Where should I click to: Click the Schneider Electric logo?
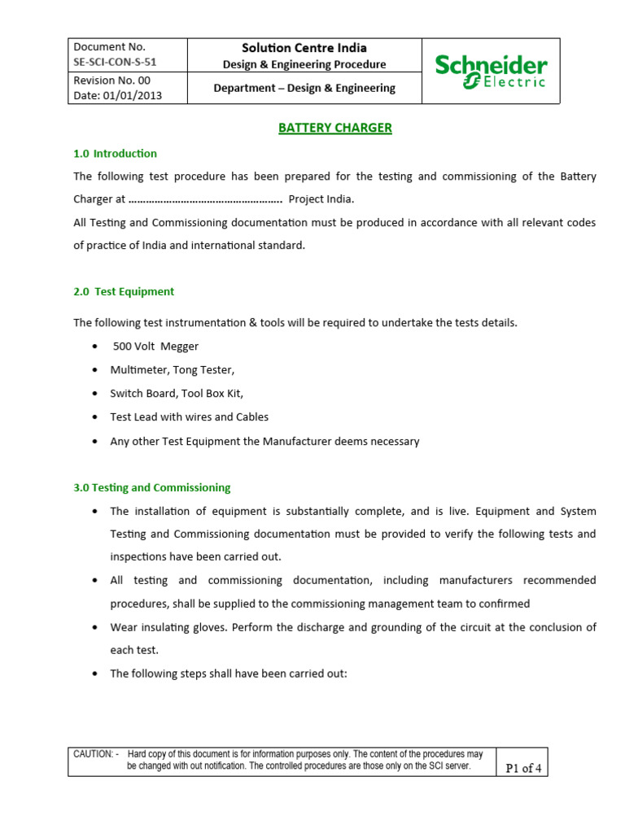[x=491, y=71]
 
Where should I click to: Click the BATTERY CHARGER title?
[x=335, y=128]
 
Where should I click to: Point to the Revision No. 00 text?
[x=111, y=81]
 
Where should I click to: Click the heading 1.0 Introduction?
[x=115, y=153]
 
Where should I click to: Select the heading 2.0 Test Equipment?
[x=124, y=291]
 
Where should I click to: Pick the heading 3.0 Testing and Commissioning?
[x=151, y=487]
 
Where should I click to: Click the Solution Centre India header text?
[x=304, y=48]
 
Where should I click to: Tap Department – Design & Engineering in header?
[x=304, y=88]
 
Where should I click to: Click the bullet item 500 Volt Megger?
[x=155, y=347]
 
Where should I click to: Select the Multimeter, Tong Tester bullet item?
[x=172, y=370]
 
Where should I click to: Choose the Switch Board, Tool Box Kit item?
[x=177, y=393]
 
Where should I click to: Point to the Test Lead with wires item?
[x=189, y=416]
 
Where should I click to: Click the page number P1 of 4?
[x=523, y=768]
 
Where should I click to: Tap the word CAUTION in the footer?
[x=93, y=754]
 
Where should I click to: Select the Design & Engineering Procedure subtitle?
[x=304, y=64]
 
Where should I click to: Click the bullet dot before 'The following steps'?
[x=96, y=674]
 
